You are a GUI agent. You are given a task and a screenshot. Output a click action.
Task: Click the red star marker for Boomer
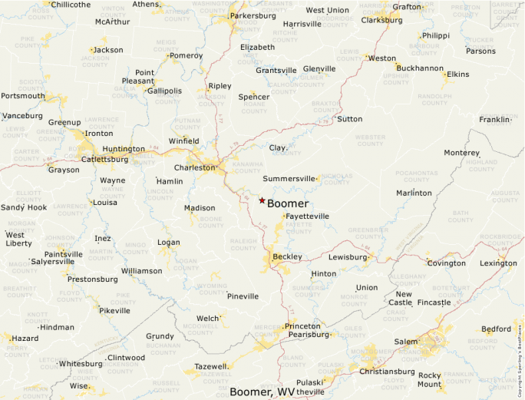click(262, 200)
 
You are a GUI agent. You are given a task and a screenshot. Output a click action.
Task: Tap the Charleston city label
click(195, 167)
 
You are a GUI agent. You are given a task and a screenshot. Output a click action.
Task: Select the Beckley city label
click(287, 256)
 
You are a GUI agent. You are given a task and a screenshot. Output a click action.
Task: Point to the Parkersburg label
click(252, 15)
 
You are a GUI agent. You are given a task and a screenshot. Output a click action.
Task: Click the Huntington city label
click(123, 149)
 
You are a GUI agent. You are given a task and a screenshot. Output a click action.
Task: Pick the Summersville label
click(289, 178)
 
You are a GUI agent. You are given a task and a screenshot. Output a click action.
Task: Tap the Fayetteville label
click(307, 217)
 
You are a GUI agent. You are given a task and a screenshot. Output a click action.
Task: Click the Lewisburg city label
click(348, 256)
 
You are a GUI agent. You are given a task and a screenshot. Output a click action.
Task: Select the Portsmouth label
click(22, 96)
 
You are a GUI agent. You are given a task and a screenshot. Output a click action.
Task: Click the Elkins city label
click(457, 74)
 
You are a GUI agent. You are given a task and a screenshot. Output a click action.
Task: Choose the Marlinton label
click(414, 193)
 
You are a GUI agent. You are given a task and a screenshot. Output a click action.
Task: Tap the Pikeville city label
click(114, 310)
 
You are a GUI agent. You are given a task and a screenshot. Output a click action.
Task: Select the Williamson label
click(142, 271)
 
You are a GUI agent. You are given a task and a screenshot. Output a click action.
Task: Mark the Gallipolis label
click(164, 91)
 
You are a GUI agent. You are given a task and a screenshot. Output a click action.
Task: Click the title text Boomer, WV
click(262, 392)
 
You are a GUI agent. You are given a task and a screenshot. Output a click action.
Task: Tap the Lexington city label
click(498, 263)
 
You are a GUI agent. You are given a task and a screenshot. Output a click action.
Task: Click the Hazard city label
click(25, 338)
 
